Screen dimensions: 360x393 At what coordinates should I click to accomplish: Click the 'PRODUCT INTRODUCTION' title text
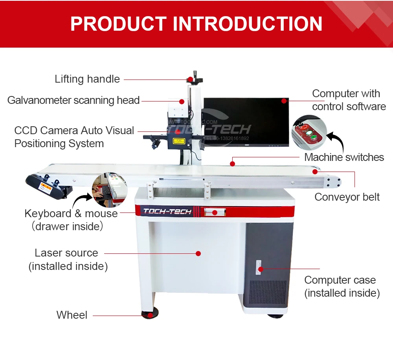(196, 24)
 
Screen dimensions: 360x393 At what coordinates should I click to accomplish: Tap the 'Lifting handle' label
(87, 79)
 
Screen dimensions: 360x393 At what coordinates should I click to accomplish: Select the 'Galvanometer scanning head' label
(73, 100)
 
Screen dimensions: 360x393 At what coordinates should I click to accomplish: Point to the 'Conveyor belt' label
(347, 197)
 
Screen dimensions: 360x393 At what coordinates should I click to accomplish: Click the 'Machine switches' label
(344, 157)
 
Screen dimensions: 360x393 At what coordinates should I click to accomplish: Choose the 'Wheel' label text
(72, 315)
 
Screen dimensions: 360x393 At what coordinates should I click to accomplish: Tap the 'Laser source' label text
(66, 253)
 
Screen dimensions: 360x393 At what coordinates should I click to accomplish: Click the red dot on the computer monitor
(283, 101)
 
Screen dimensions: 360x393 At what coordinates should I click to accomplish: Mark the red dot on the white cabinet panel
(198, 254)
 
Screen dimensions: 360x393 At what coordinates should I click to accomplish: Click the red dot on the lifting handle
(191, 79)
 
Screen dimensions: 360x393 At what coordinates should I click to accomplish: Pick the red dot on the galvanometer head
(182, 101)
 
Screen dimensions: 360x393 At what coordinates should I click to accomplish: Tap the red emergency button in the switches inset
(303, 128)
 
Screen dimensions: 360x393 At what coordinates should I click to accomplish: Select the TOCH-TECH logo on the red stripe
(167, 211)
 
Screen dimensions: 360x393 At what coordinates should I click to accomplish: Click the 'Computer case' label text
(340, 280)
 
